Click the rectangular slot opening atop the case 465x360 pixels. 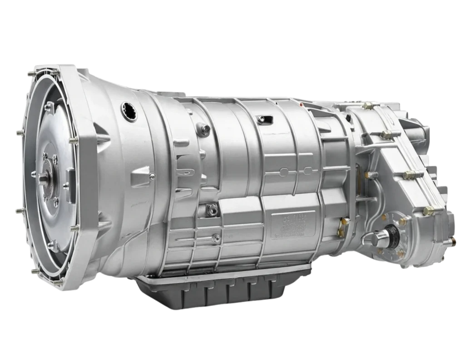(x=262, y=120)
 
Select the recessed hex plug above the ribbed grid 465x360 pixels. (x=211, y=209)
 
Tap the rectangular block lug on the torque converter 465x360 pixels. (x=69, y=175)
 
